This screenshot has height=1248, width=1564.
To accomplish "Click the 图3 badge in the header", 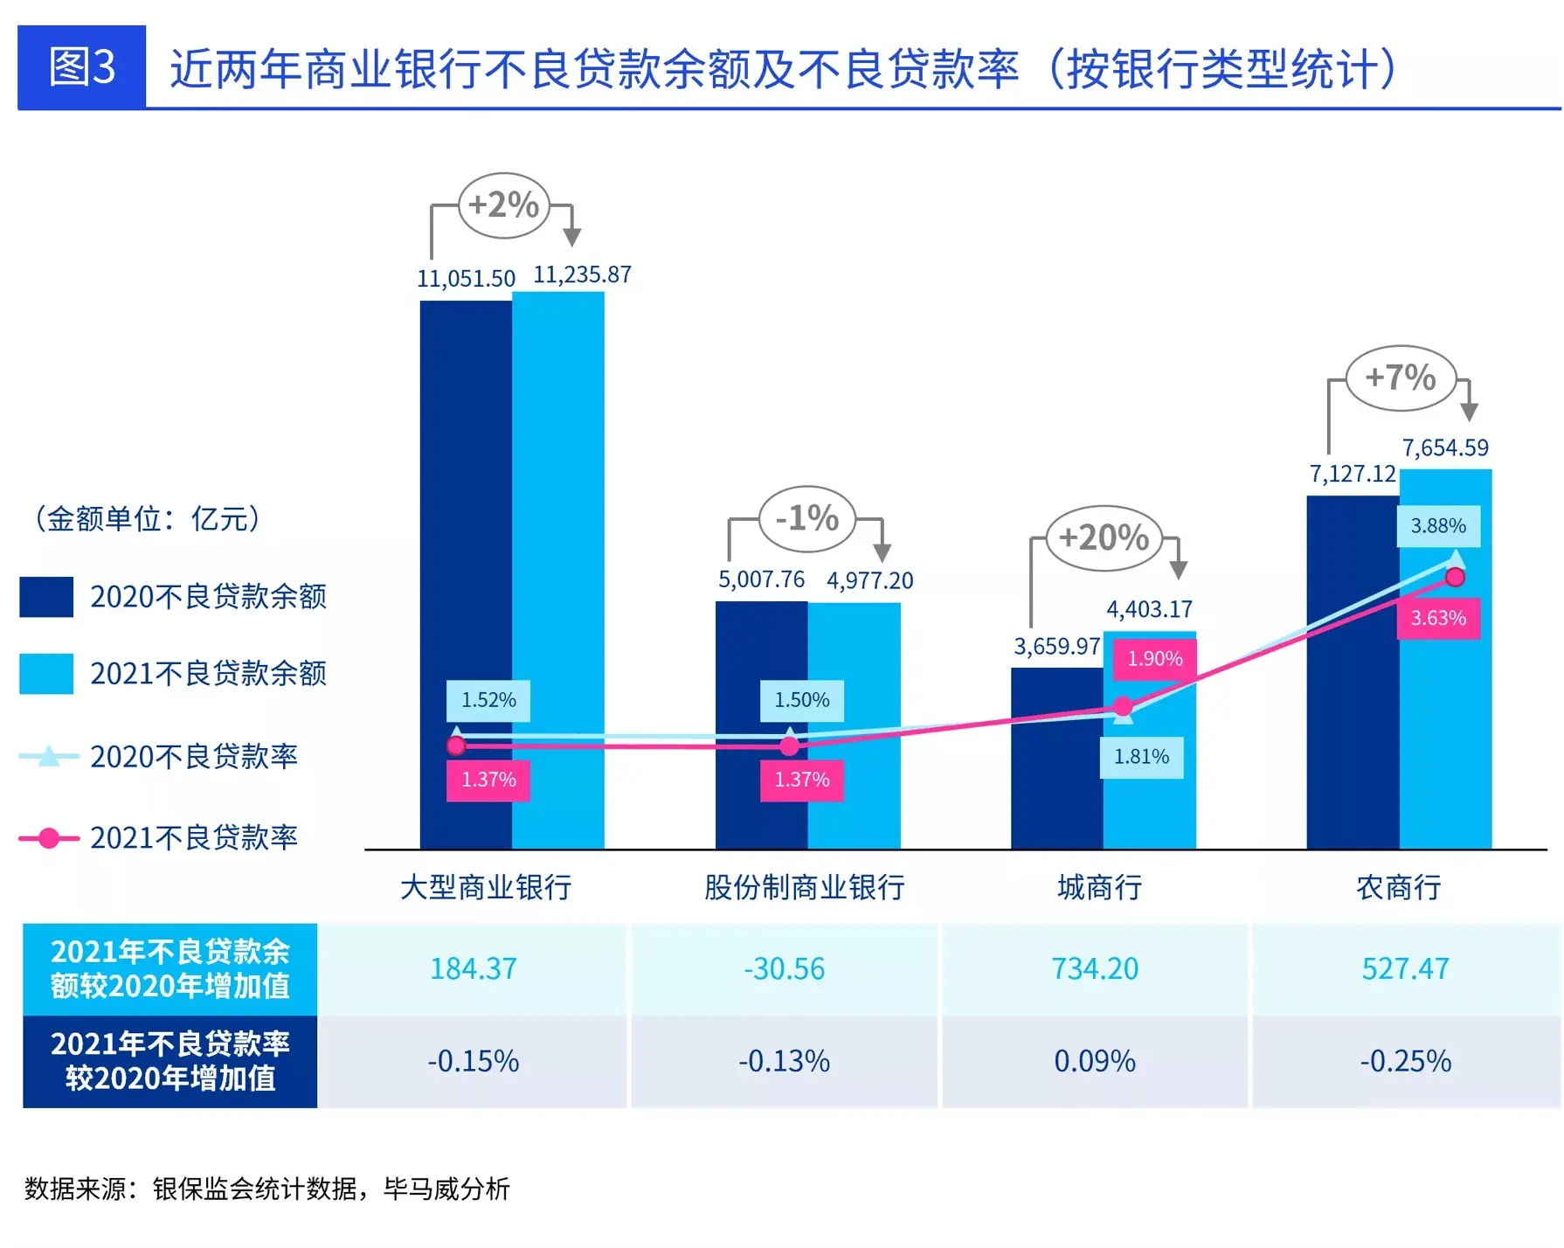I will tap(81, 67).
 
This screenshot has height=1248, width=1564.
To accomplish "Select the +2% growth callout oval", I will tap(504, 205).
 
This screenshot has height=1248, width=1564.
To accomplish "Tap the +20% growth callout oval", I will tap(1104, 537).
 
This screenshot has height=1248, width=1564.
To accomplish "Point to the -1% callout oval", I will tap(807, 518).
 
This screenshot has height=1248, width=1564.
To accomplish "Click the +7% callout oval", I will tap(1401, 378).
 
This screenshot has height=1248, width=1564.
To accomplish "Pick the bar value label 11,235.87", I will tap(582, 275).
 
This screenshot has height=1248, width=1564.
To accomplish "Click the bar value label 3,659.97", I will tap(1056, 647).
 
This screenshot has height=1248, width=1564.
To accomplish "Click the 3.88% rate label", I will tap(1438, 526).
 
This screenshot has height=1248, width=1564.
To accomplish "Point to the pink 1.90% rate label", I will tap(1154, 659).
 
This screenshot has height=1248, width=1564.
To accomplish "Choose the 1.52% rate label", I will tap(488, 700).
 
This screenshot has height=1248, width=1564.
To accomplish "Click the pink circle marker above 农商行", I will tap(1455, 577).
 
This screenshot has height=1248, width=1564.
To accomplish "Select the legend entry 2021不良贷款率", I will tap(194, 838).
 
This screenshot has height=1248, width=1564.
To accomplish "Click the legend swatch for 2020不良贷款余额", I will tap(46, 597).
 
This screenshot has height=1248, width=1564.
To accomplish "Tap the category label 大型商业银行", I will tap(486, 888).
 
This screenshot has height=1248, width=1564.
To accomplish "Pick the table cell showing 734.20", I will tap(1095, 969).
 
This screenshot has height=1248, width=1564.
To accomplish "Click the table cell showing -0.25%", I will tap(1405, 1062).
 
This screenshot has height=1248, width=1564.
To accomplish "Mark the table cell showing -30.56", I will tap(784, 969).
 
